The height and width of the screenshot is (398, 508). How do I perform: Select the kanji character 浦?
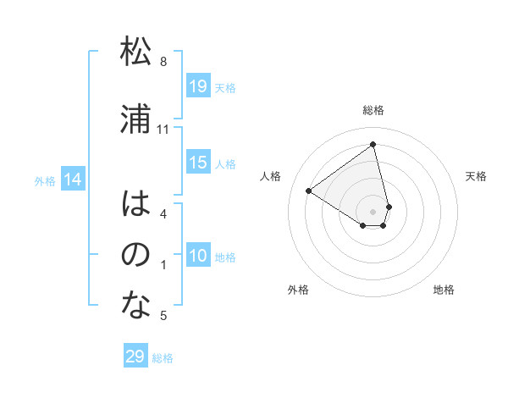click(x=135, y=119)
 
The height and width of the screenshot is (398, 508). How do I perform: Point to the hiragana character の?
click(x=135, y=254)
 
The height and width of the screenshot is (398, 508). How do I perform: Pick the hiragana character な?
click(x=135, y=306)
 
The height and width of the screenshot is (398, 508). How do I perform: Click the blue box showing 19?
click(x=198, y=86)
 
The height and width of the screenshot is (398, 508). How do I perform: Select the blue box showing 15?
click(x=198, y=163)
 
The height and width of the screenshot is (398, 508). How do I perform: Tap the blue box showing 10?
click(x=198, y=257)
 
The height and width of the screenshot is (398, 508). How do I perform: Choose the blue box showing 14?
click(x=72, y=180)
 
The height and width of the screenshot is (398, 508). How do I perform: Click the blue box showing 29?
click(x=135, y=357)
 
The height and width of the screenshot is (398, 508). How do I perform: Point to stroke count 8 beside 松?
click(x=163, y=62)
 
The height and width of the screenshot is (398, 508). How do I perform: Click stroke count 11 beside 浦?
click(x=163, y=129)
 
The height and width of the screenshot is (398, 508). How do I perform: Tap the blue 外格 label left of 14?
click(x=45, y=180)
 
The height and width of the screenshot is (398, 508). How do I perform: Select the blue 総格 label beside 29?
click(x=163, y=358)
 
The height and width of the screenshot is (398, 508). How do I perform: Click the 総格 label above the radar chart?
click(x=373, y=110)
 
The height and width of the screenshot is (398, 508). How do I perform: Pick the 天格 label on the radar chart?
click(x=477, y=176)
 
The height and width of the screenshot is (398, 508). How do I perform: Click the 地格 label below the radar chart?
click(x=444, y=290)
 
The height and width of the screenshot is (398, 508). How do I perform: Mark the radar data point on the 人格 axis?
click(x=309, y=191)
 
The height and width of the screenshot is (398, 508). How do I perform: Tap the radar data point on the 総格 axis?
click(x=373, y=144)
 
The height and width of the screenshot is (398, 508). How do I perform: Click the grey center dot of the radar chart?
click(x=373, y=211)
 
